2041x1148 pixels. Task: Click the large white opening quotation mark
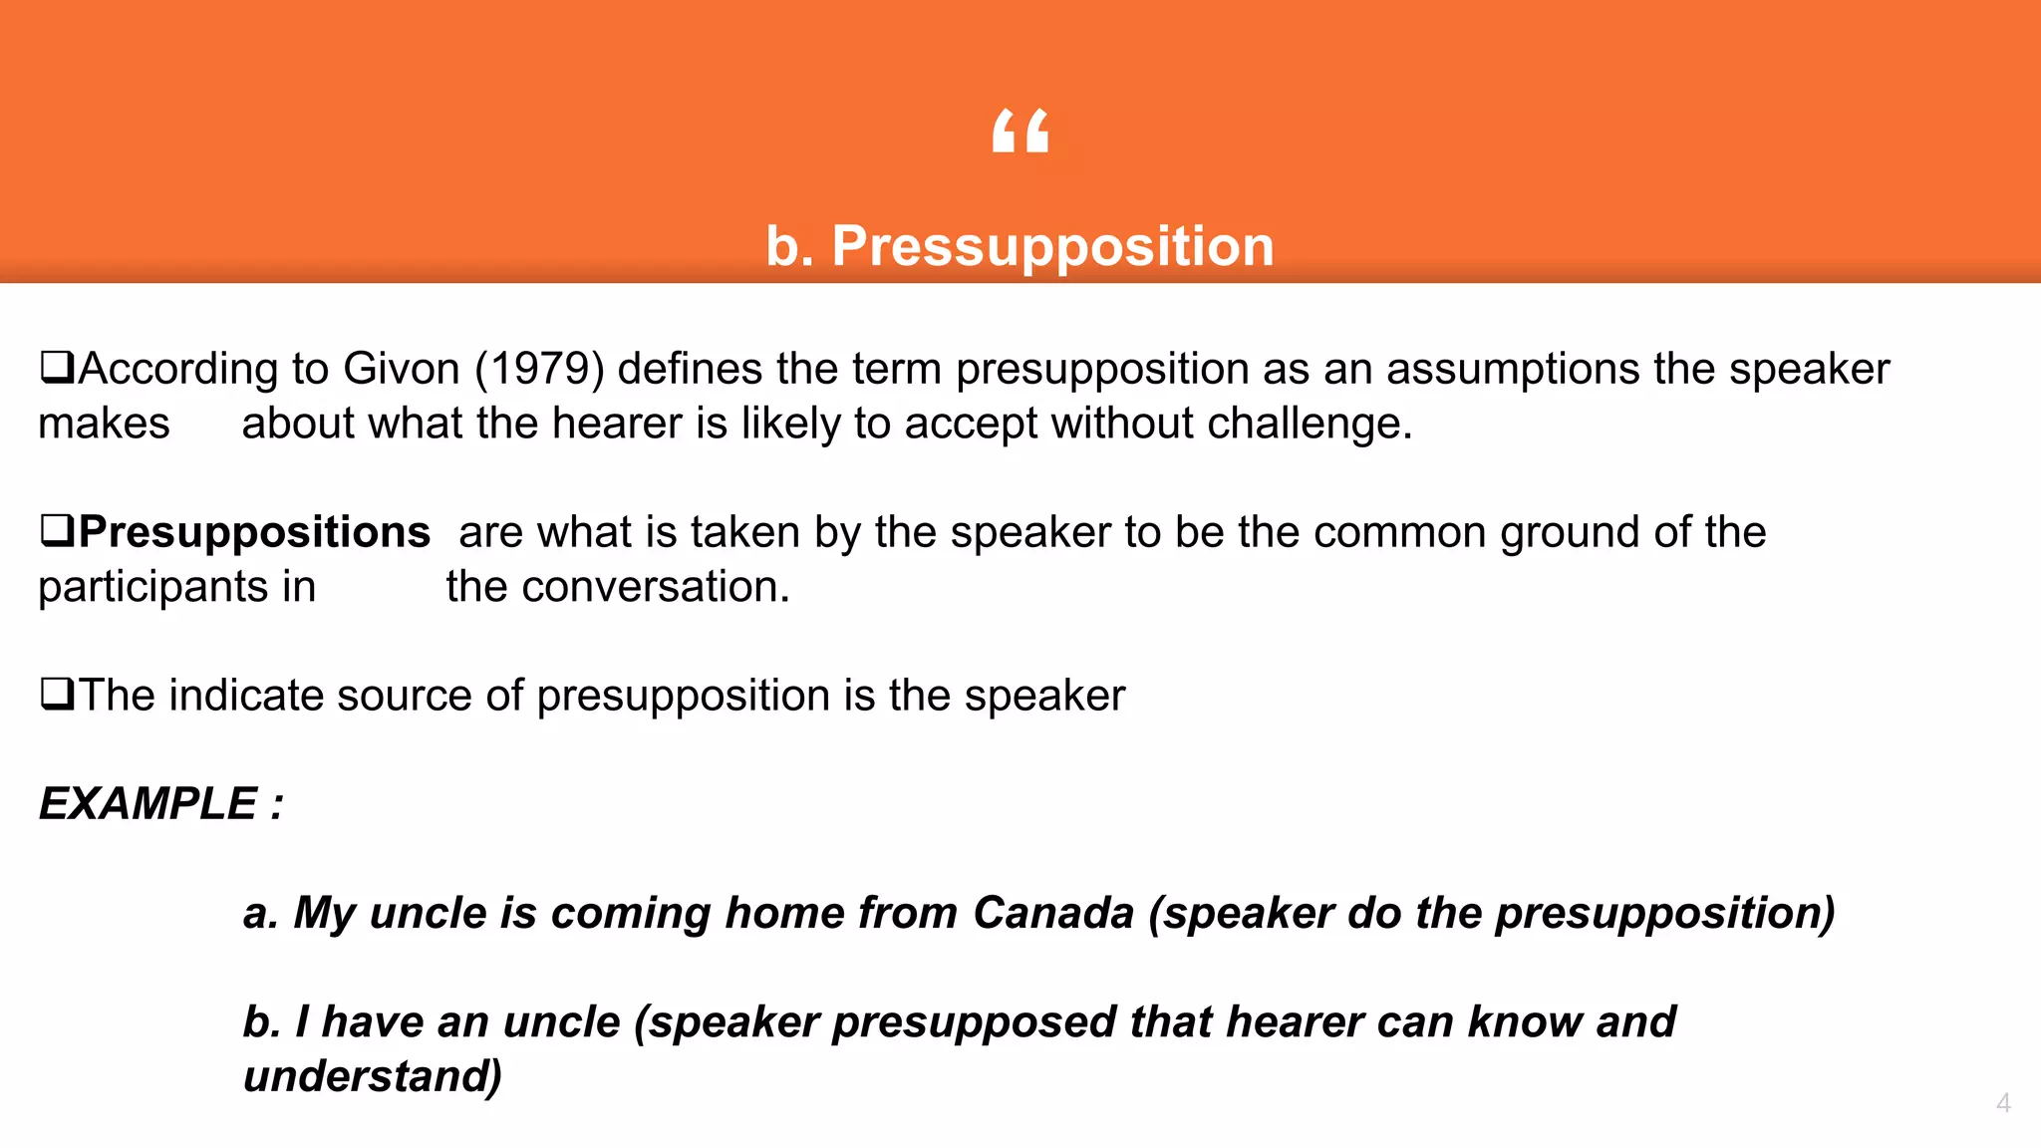point(1020,131)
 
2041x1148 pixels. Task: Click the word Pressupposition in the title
point(1052,246)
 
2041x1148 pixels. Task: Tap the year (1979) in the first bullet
point(540,369)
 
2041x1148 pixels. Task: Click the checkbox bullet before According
point(57,368)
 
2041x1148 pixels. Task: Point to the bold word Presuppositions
point(254,532)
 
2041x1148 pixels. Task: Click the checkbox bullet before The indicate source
point(57,694)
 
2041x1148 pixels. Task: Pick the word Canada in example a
point(1053,913)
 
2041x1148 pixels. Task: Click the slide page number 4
point(2003,1103)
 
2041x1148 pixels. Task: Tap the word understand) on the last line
point(373,1076)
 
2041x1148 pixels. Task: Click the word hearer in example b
point(1294,1022)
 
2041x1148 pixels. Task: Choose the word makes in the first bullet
point(104,424)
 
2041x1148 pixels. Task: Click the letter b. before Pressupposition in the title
point(789,246)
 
